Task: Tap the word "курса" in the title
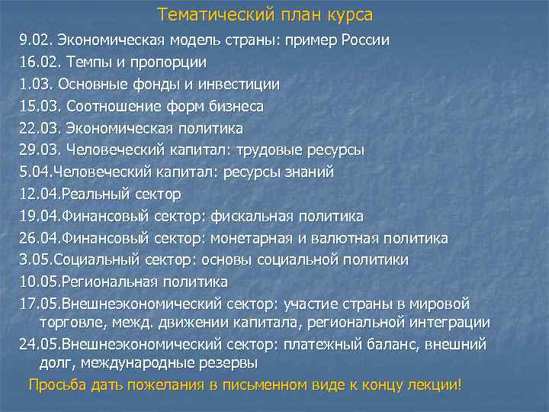click(349, 15)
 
